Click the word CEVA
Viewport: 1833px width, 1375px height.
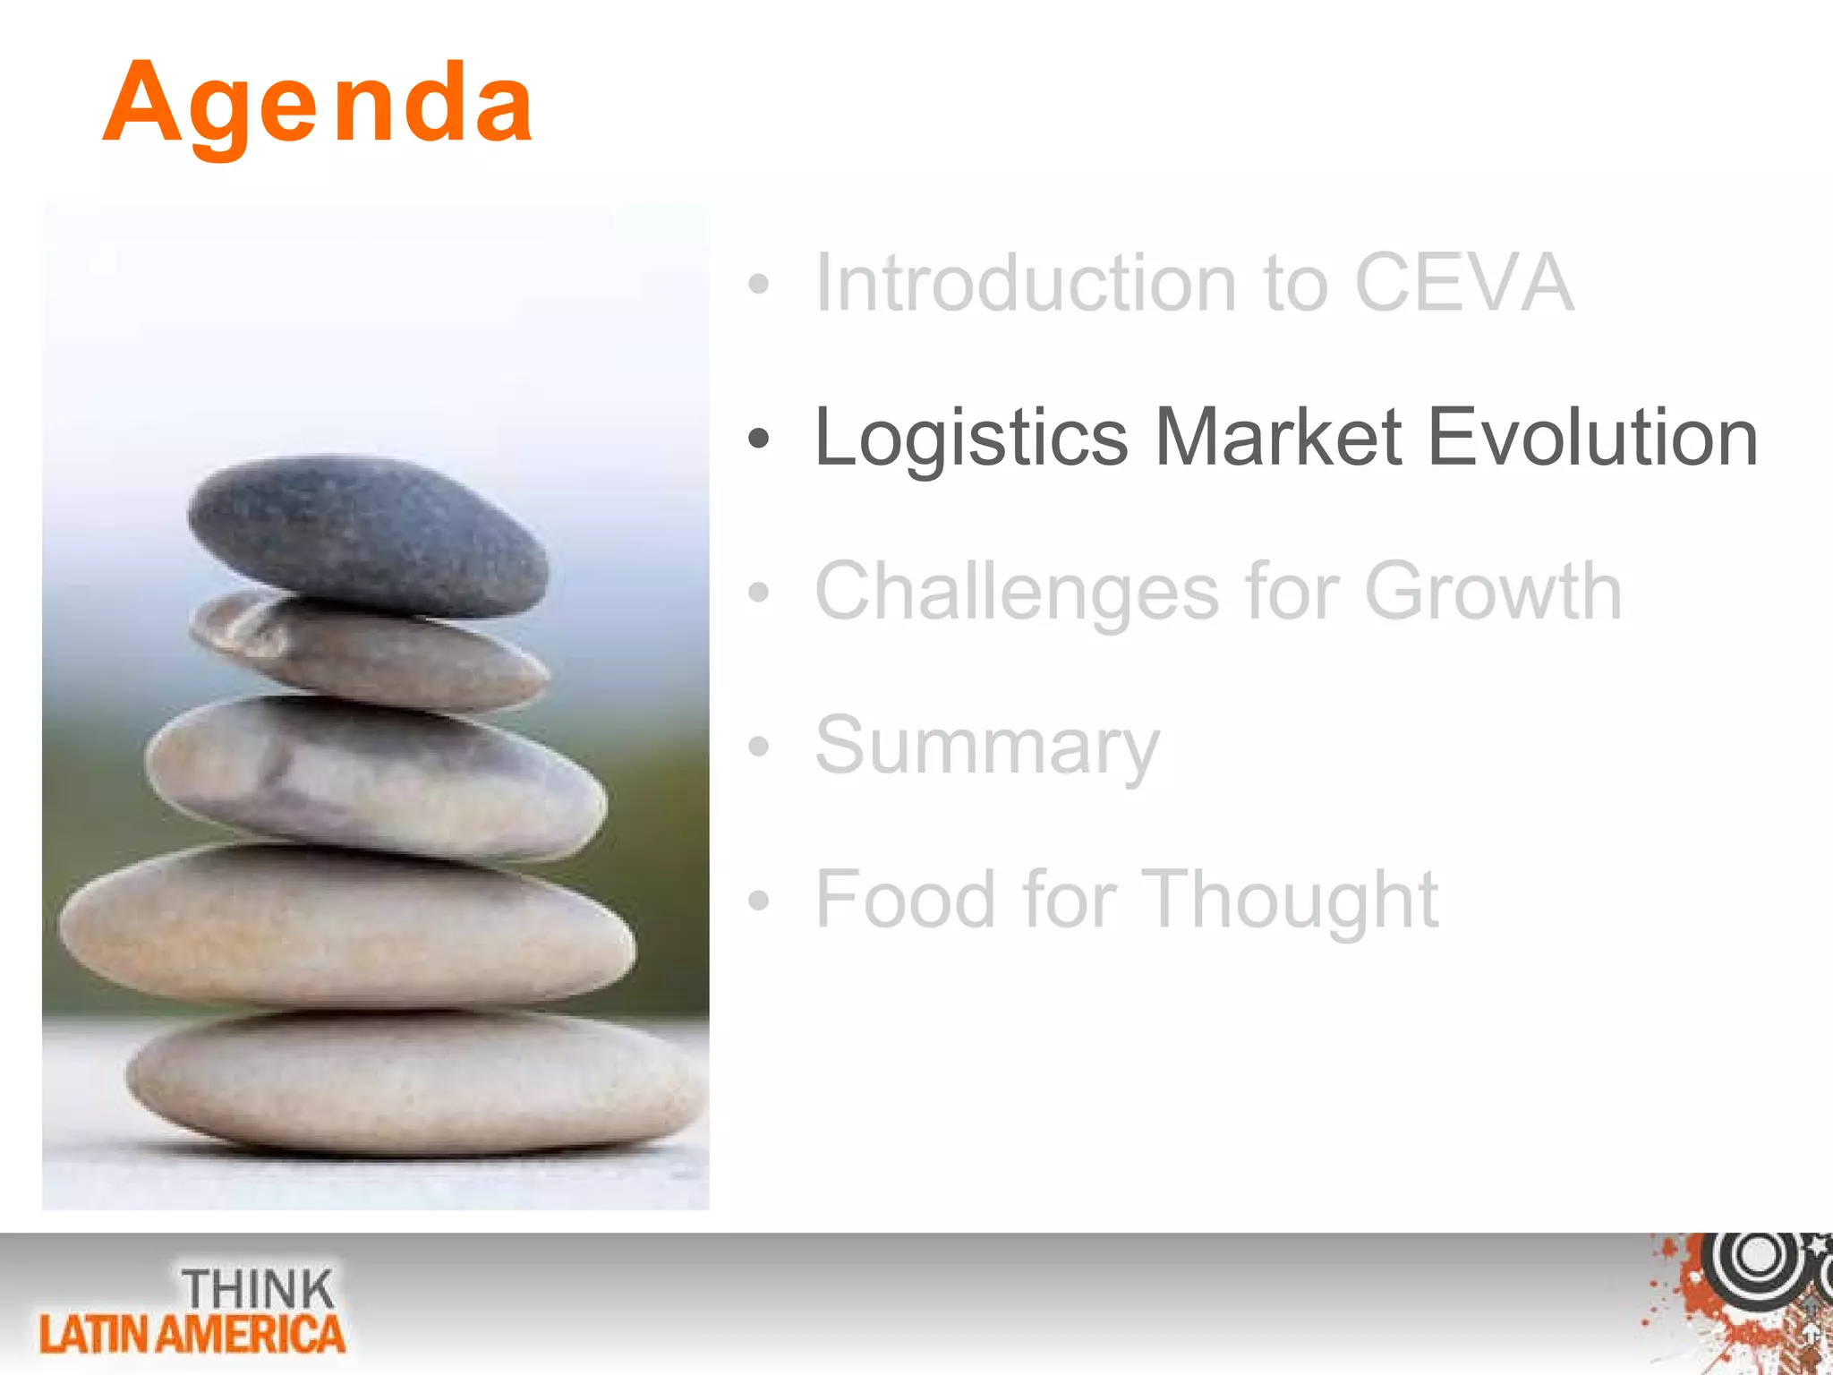click(x=1463, y=283)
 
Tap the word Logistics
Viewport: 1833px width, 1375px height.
click(x=971, y=439)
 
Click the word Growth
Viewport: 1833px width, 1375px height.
click(x=1493, y=591)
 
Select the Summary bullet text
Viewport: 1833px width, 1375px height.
click(x=986, y=747)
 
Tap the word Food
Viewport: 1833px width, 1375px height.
click(x=905, y=900)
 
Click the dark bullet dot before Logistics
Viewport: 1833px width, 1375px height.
click(x=758, y=439)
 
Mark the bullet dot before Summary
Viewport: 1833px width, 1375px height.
click(x=758, y=746)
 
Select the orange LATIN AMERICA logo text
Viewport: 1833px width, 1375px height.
click(x=192, y=1335)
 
